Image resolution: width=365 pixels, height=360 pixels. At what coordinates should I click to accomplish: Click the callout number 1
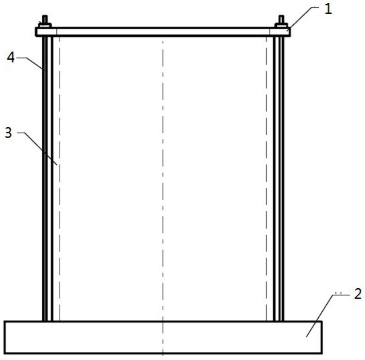point(328,10)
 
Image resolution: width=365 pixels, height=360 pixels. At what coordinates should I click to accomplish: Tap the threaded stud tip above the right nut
point(281,19)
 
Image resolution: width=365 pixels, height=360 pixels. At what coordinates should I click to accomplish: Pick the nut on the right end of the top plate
point(281,25)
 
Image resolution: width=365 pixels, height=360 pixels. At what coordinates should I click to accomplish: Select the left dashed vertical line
point(59,221)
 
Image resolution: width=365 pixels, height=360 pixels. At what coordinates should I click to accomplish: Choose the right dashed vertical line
point(267,221)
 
